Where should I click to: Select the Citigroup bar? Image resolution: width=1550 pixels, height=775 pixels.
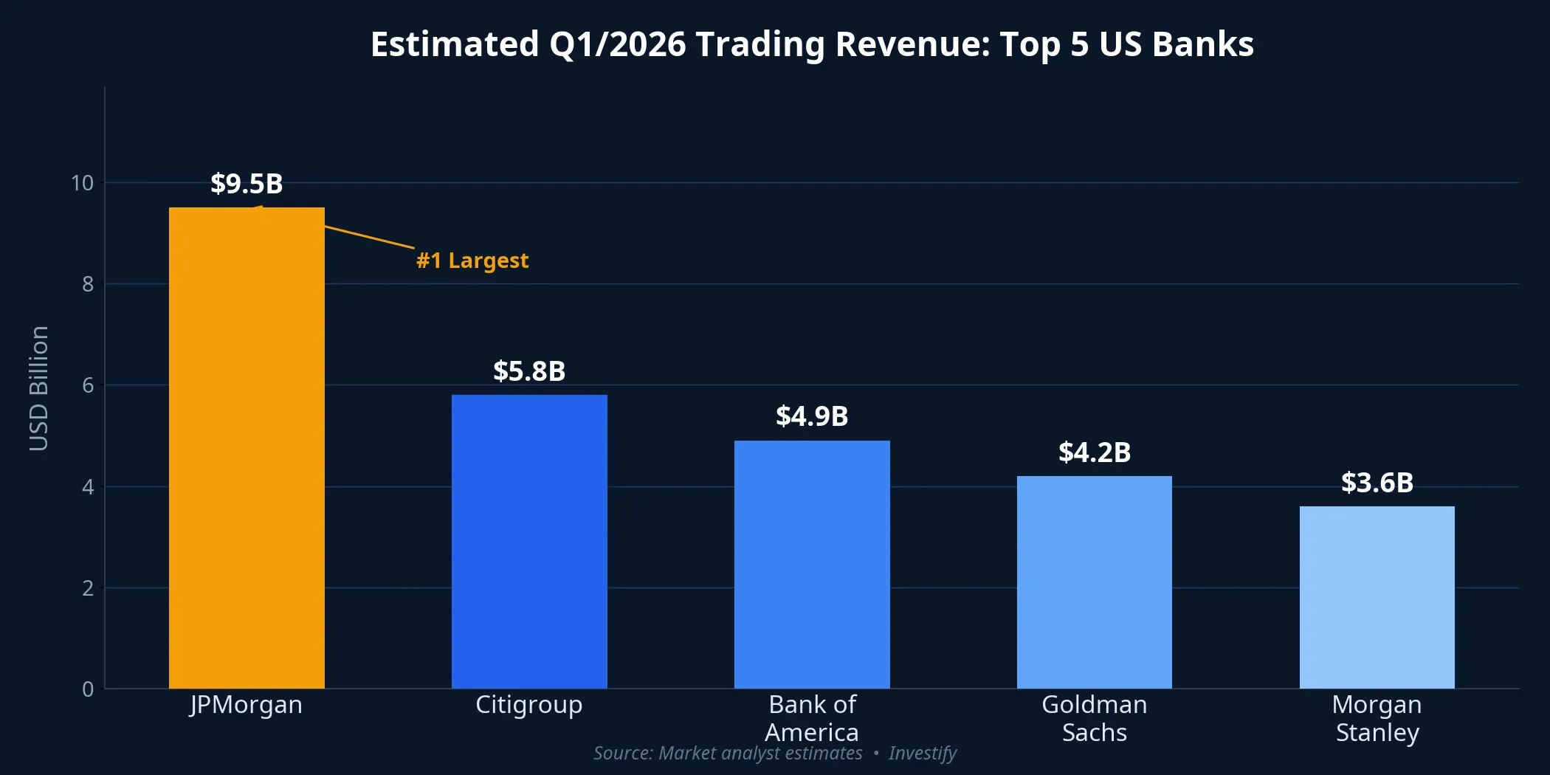coord(529,542)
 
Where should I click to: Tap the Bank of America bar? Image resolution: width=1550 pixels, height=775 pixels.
coord(812,565)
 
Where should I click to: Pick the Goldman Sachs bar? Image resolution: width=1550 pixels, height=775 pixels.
coord(1094,582)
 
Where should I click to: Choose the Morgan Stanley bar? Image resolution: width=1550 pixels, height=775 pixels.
coord(1377,597)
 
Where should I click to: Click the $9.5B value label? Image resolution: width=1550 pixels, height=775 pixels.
coord(247,184)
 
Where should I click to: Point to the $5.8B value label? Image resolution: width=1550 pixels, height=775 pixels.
coord(529,371)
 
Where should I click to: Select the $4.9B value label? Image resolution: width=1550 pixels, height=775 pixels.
coord(812,416)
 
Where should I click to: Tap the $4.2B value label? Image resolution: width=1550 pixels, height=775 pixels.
coord(1094,452)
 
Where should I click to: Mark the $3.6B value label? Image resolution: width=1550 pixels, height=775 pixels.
coord(1377,483)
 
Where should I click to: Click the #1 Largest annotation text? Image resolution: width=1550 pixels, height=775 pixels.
coord(472,261)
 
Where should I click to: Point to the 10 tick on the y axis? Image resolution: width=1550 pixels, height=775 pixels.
coord(82,183)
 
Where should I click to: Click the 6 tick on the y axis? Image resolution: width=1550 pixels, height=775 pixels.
coord(88,385)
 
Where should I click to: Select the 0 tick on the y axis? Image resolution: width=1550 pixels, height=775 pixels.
coord(88,689)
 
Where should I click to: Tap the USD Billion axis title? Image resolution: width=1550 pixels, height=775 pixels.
coord(38,388)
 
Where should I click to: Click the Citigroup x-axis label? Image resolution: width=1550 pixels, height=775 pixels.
coord(529,705)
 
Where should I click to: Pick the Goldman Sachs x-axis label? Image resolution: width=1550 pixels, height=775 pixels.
coord(1094,718)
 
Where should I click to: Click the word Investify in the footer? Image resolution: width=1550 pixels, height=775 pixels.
coord(922,753)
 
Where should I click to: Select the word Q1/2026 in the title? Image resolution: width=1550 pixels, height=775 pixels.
coord(617,44)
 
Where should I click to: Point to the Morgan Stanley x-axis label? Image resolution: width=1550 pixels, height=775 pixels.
coord(1377,718)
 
